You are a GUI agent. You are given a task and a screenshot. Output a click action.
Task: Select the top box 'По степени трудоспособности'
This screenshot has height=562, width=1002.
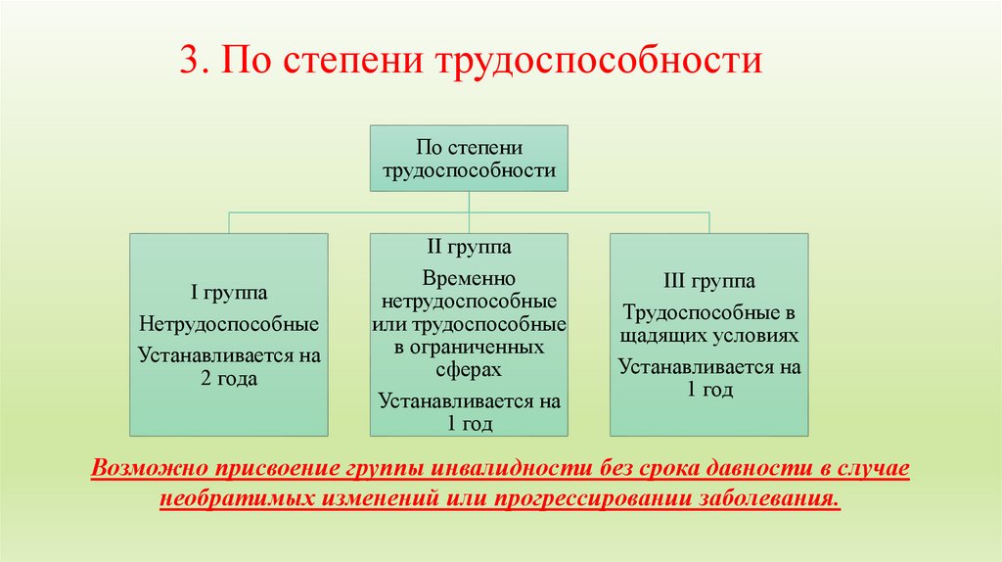click(x=469, y=159)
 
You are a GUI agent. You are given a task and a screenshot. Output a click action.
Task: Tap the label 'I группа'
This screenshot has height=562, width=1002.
click(x=229, y=292)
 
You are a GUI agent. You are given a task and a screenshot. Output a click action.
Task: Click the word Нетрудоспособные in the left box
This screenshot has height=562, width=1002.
click(x=229, y=322)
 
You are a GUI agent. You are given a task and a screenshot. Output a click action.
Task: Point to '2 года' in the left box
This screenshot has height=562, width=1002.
click(x=229, y=379)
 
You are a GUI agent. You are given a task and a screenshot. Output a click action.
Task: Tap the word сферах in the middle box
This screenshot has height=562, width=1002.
click(x=469, y=370)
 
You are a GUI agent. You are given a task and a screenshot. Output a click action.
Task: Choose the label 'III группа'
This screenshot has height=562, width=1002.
click(x=709, y=282)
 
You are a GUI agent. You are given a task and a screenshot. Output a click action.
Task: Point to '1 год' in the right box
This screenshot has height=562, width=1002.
click(x=709, y=391)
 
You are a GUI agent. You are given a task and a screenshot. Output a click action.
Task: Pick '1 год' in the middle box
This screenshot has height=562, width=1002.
click(x=469, y=424)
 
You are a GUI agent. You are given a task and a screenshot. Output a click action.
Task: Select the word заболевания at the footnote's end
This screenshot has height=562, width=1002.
click(x=769, y=496)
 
